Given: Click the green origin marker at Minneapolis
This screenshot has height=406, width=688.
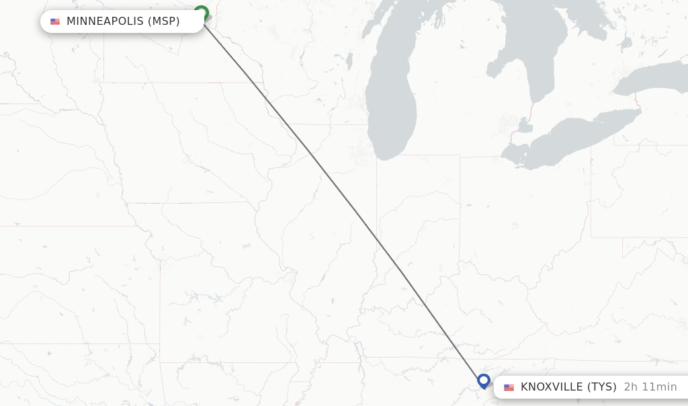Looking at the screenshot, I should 201,13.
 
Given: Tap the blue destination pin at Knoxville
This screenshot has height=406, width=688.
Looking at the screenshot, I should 483,380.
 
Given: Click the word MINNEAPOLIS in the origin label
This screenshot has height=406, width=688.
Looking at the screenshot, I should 105,22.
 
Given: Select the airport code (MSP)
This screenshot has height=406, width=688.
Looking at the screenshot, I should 163,22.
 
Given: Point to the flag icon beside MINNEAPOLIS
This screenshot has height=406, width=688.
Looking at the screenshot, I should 55,22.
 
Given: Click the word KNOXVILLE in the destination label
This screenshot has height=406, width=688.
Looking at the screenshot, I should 552,387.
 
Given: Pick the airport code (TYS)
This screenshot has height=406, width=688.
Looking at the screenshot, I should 602,387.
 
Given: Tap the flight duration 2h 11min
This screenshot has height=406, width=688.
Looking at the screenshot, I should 650,387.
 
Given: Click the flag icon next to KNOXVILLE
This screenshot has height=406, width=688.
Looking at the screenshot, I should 509,388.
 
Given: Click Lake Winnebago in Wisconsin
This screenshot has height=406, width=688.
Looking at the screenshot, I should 349,61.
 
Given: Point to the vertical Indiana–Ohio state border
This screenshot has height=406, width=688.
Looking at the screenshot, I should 460,202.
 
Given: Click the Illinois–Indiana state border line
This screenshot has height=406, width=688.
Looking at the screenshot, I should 376,202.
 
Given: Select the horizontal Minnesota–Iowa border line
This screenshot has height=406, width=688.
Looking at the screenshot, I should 181,83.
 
